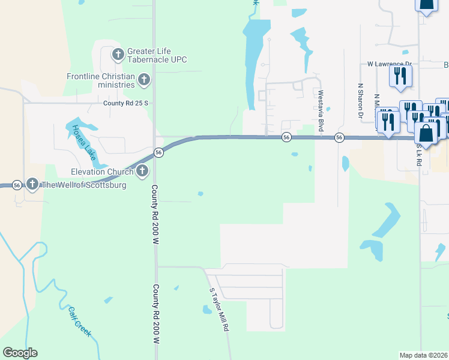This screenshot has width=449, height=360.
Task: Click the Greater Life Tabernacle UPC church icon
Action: (118, 55)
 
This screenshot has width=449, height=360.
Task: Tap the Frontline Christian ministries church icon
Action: (143, 79)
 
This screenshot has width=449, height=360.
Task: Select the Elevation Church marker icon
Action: (142, 172)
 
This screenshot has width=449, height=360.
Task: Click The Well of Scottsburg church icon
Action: (32, 184)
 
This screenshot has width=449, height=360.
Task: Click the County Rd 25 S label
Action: (125, 103)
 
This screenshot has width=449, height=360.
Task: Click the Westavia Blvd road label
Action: (321, 111)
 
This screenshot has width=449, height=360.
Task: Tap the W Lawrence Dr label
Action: (390, 64)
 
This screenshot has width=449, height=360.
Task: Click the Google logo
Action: (20, 353)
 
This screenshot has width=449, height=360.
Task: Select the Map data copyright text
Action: (424, 355)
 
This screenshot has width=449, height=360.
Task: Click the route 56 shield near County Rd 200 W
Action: (158, 152)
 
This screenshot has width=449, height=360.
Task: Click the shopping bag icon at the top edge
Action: (425, 5)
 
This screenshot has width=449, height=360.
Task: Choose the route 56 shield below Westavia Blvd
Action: (339, 138)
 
